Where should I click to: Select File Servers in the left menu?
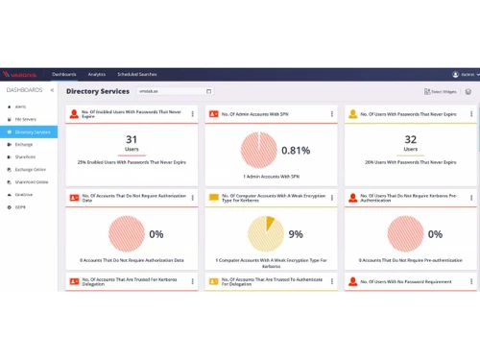(x=24, y=119)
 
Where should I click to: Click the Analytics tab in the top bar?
(x=96, y=74)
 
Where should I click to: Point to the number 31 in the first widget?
(x=132, y=140)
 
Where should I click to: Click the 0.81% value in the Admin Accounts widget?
(x=296, y=151)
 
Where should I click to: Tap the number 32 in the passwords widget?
(x=410, y=140)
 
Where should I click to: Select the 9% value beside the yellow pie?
(x=296, y=234)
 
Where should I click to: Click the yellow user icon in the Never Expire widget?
(x=353, y=114)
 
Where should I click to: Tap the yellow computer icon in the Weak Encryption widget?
(x=213, y=198)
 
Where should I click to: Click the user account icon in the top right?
(x=455, y=74)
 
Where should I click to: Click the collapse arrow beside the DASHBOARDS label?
(x=52, y=90)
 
